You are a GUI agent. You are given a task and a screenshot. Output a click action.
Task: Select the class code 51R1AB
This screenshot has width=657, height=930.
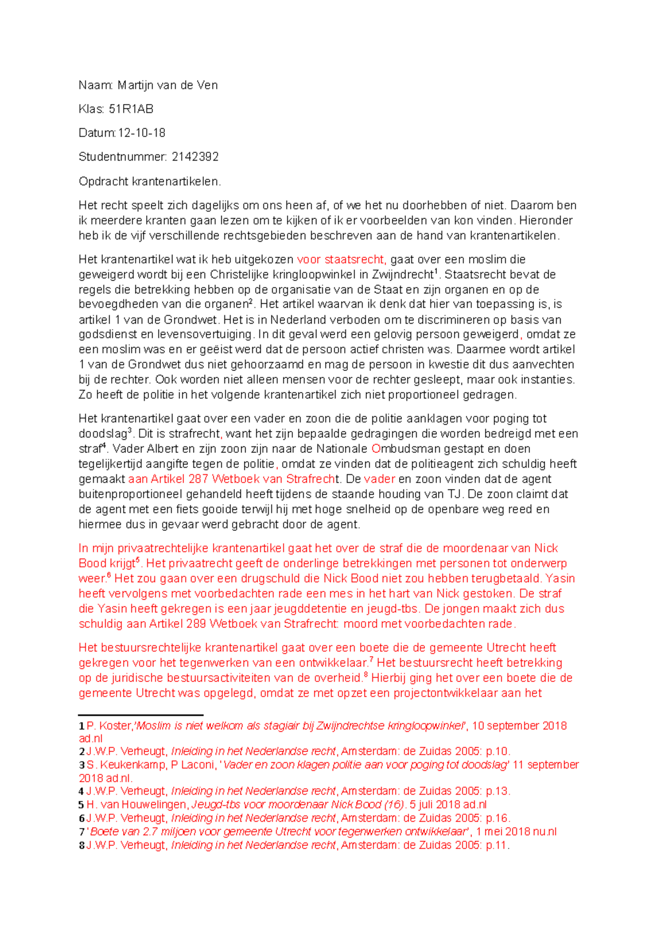coord(131,109)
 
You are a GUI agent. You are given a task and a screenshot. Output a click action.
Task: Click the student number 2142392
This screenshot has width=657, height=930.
coord(195,157)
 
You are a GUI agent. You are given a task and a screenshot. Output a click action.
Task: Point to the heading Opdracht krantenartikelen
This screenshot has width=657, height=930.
coord(149,181)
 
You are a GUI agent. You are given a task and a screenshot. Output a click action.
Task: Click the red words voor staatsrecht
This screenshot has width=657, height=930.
coord(341,260)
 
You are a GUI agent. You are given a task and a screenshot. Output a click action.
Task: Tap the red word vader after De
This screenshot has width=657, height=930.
coord(379,479)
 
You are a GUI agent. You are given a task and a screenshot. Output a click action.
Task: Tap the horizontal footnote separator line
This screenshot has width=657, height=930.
coord(141,715)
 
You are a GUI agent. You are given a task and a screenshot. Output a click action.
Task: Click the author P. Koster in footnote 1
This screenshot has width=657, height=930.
coord(109,726)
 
